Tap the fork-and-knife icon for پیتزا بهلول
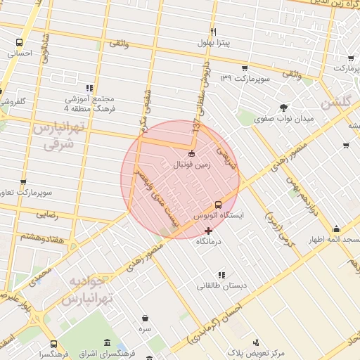coord(212,32)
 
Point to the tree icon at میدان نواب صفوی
coord(283,108)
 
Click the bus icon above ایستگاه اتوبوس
coord(217,205)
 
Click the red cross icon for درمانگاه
coord(207,230)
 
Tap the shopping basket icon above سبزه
coord(145,318)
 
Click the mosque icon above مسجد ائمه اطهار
coord(336,229)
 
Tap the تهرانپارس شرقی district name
coord(59,136)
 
